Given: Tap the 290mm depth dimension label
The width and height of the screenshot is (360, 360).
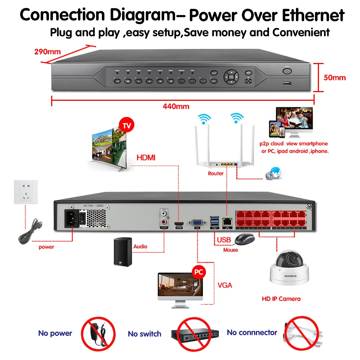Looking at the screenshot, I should (48, 51).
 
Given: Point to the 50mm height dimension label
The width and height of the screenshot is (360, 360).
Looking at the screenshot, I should (335, 77).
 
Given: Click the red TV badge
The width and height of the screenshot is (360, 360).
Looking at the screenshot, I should (126, 126).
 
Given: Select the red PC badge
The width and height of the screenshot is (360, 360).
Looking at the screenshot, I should (198, 271).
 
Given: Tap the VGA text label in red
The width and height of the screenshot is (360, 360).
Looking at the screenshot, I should (225, 285).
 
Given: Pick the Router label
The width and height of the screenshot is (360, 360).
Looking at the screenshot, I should (216, 174).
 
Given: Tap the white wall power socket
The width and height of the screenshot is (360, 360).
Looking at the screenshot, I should (26, 192).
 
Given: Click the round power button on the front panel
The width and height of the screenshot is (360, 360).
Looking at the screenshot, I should (287, 72).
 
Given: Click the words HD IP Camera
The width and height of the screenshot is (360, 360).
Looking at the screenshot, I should (281, 299).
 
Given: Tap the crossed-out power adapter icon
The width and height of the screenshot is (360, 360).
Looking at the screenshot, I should (98, 333).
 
